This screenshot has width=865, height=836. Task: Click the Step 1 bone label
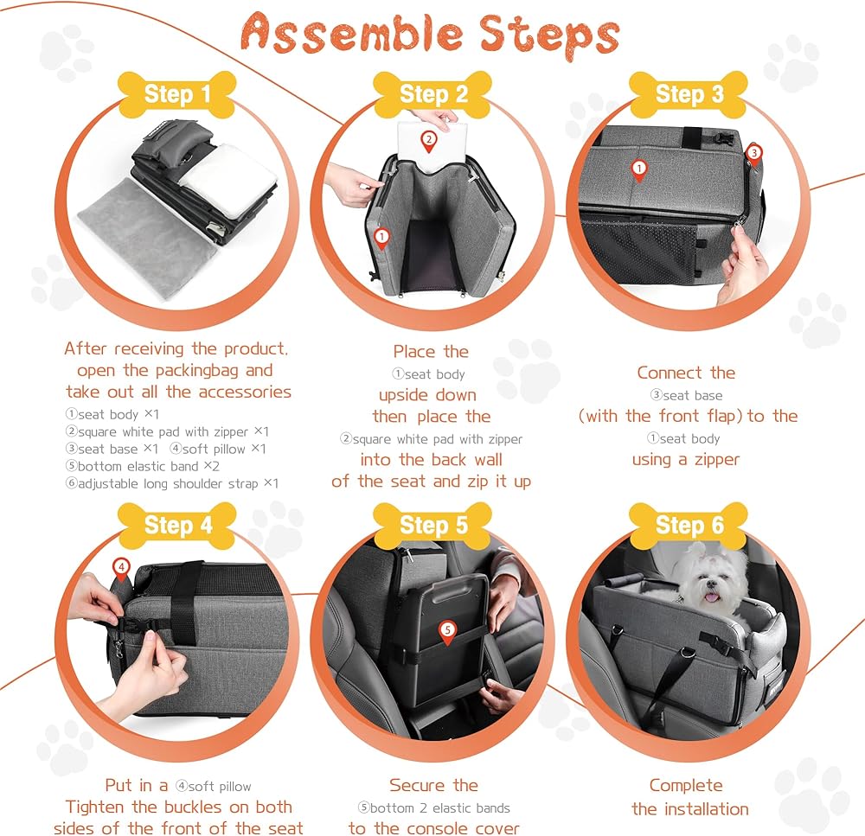tap(177, 94)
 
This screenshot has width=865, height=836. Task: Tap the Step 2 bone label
tap(432, 94)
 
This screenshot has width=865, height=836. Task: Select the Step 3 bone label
tap(689, 94)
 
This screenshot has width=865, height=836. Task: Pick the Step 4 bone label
tap(177, 526)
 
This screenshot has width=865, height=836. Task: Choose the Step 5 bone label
tap(432, 526)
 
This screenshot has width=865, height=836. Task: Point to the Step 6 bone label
tap(689, 526)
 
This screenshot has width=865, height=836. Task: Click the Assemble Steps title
tap(430, 35)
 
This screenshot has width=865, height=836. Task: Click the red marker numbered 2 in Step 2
tap(429, 141)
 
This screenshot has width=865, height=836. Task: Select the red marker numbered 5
tap(447, 632)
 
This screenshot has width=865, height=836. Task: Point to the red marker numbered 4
tap(121, 569)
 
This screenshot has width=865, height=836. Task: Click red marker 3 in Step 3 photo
tap(754, 154)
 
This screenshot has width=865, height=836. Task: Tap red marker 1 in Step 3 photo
tap(639, 169)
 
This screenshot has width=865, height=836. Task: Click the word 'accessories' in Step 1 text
tap(245, 392)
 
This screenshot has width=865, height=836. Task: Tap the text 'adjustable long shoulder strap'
tap(168, 483)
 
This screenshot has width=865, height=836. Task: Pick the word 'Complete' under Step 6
tap(686, 785)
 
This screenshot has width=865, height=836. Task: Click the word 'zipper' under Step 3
tap(716, 459)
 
